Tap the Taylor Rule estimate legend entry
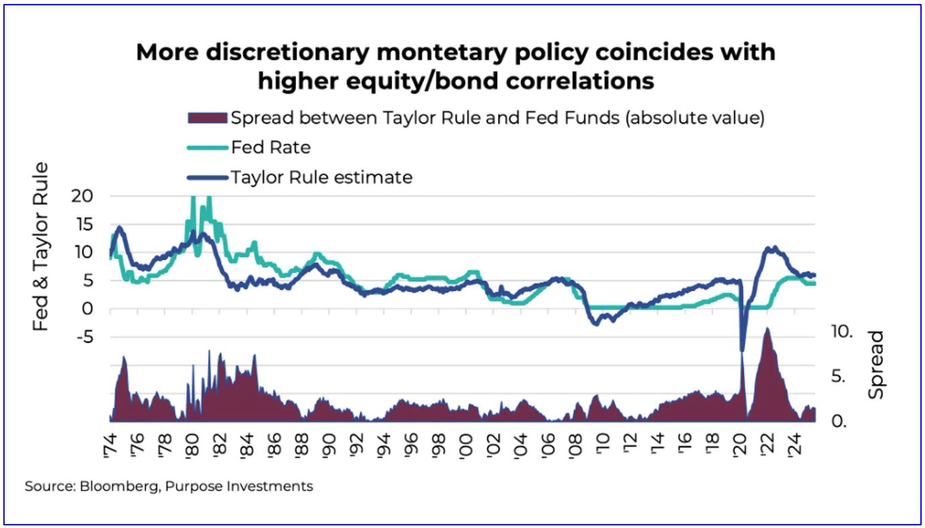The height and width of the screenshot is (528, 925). tap(321, 177)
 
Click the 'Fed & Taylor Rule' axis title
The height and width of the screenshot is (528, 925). tap(42, 246)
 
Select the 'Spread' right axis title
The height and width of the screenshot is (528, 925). tap(877, 365)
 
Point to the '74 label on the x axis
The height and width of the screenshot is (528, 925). tap(111, 444)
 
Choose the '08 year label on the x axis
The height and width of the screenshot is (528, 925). tap(576, 444)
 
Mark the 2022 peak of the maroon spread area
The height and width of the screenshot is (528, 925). tap(767, 329)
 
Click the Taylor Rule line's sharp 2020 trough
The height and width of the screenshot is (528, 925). tap(742, 350)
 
